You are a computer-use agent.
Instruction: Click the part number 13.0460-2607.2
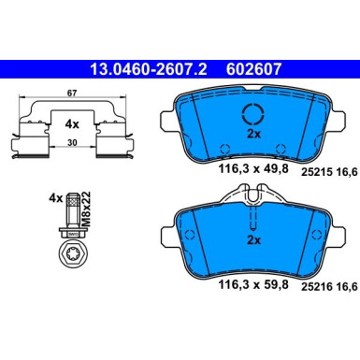point(149,69)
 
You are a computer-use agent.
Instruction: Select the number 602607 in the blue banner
point(253,69)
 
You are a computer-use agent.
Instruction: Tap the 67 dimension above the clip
point(72,94)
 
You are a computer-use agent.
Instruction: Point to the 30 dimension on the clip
point(72,143)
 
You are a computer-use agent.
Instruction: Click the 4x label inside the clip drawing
point(72,124)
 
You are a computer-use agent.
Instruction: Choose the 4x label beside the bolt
point(56,198)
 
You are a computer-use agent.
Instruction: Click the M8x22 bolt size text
point(86,209)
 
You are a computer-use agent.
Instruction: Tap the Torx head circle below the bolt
point(73,255)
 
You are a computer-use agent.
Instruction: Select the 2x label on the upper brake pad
point(253,134)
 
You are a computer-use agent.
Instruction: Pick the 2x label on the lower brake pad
point(253,240)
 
